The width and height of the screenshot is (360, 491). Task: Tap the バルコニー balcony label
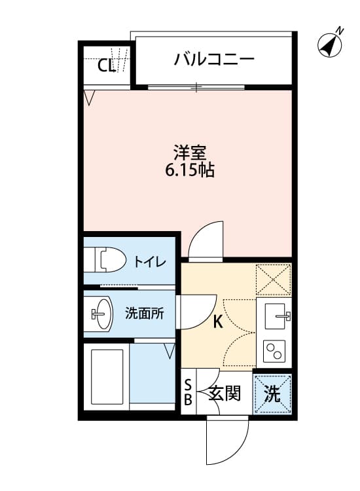tap(214, 60)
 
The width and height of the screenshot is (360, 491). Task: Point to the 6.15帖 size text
tap(190, 172)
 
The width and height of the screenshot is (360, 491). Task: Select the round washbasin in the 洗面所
tap(102, 314)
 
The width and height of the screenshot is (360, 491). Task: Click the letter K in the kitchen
tap(218, 321)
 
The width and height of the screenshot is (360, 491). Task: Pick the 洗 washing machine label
tap(272, 394)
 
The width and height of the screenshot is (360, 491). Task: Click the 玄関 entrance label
tap(225, 394)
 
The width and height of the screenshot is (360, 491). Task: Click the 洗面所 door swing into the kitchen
tap(198, 310)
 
